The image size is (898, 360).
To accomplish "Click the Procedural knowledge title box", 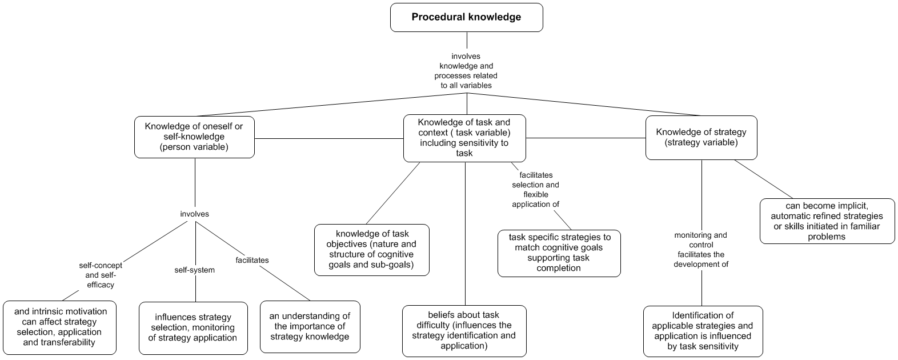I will click(466, 17).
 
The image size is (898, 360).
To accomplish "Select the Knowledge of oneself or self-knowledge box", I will click(194, 137).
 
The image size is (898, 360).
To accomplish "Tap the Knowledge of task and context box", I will click(464, 138).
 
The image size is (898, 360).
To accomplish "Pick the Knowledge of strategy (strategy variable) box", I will click(701, 137).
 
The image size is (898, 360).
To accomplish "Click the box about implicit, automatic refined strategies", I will click(827, 221).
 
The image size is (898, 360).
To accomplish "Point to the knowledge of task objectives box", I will click(372, 250).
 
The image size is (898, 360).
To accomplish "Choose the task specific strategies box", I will click(559, 253).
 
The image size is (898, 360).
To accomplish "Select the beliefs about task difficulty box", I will click(464, 330).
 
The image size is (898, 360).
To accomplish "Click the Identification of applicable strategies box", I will click(703, 331).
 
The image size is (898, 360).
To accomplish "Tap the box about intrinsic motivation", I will click(60, 327).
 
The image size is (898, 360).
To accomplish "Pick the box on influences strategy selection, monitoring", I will click(193, 327).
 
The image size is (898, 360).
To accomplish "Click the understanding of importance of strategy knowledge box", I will click(310, 326).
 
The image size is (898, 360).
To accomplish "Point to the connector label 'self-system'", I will click(194, 270).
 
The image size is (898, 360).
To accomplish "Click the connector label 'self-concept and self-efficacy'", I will click(100, 275).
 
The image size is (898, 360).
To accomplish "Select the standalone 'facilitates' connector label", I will click(252, 260).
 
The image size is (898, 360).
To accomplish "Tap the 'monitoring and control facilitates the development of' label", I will click(701, 250).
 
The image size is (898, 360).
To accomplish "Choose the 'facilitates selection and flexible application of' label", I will click(535, 189).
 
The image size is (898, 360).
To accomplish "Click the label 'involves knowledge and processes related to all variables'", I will click(466, 71).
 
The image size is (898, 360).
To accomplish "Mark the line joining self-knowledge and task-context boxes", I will click(328, 138).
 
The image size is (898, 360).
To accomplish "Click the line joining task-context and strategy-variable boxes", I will click(586, 138).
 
